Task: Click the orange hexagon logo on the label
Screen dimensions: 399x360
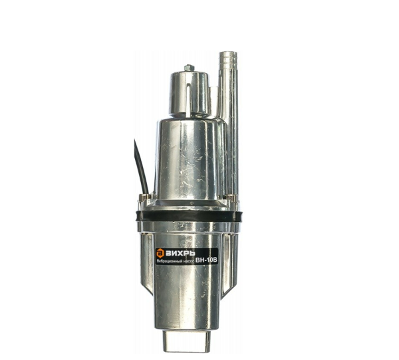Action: click(x=160, y=252)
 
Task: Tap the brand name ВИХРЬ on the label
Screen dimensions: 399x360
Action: click(x=180, y=253)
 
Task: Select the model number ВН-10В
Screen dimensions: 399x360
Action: click(x=206, y=260)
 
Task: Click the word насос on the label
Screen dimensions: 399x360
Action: click(x=189, y=261)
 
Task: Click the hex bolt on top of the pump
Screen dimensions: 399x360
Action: click(x=189, y=68)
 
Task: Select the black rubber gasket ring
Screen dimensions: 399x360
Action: click(x=189, y=216)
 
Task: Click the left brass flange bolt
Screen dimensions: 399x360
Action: click(x=144, y=197)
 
